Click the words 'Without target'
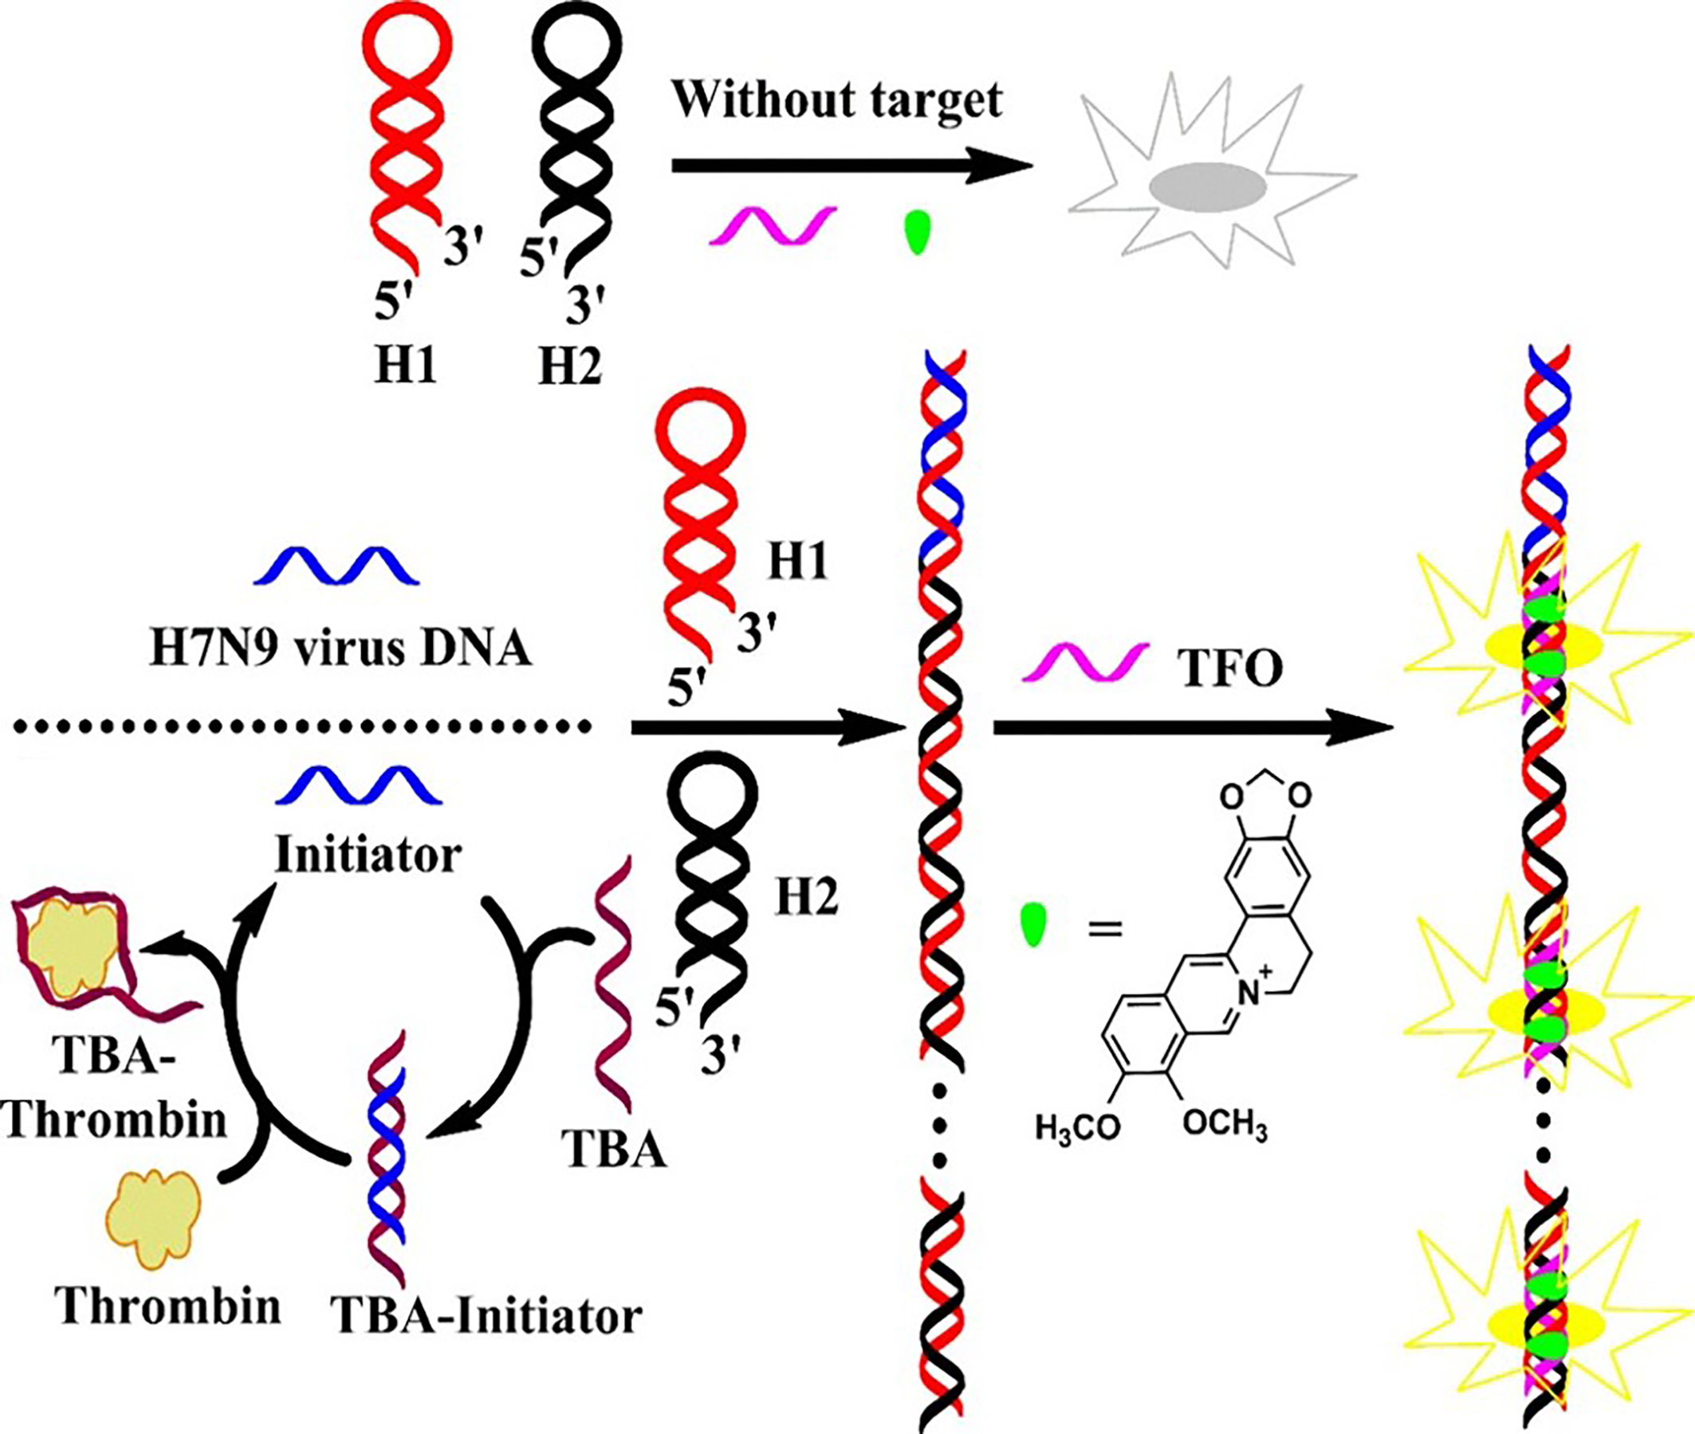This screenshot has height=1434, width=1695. click(x=837, y=100)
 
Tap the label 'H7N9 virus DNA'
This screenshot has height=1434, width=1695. click(x=340, y=649)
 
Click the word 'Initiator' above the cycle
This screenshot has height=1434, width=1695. click(x=368, y=854)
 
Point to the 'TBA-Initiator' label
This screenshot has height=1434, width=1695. click(x=486, y=1315)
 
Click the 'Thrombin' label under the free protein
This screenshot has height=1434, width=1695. click(x=168, y=1307)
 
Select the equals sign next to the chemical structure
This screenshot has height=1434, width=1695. click(x=1104, y=927)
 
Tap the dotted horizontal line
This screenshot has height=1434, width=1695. click(x=301, y=726)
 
